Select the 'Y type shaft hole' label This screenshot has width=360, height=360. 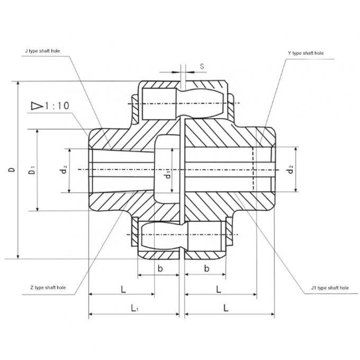click(305, 53)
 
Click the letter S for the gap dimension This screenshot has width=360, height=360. click(202, 66)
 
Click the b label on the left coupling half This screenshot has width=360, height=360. click(160, 268)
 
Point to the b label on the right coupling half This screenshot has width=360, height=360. click(206, 268)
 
